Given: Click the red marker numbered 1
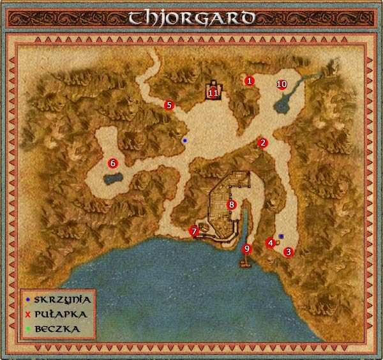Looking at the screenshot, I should coord(250,81).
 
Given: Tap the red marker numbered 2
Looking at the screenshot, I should coord(262,142).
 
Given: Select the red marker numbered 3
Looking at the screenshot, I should coord(289,251).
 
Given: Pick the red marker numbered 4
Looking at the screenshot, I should coord(271,243).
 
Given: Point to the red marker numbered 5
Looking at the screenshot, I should coord(169,105).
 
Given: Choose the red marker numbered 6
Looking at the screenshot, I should coord(113,163).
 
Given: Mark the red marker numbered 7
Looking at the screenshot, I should coord(194,230).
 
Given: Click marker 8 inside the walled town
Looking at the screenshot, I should coord(232,205).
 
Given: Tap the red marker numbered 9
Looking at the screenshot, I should coord(248,248).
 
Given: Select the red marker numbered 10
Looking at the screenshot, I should coord(282,84).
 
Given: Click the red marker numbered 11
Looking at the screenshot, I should coord(213,93).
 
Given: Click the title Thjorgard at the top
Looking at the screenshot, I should coord(191,17).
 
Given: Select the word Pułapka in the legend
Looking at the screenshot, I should coord(61,313).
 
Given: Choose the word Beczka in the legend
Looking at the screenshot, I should coord(57,328).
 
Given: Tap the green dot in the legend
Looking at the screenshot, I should coord(28,329).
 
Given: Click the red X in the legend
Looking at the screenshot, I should coord(28,314).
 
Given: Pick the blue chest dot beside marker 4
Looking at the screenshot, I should coord(281,236).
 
